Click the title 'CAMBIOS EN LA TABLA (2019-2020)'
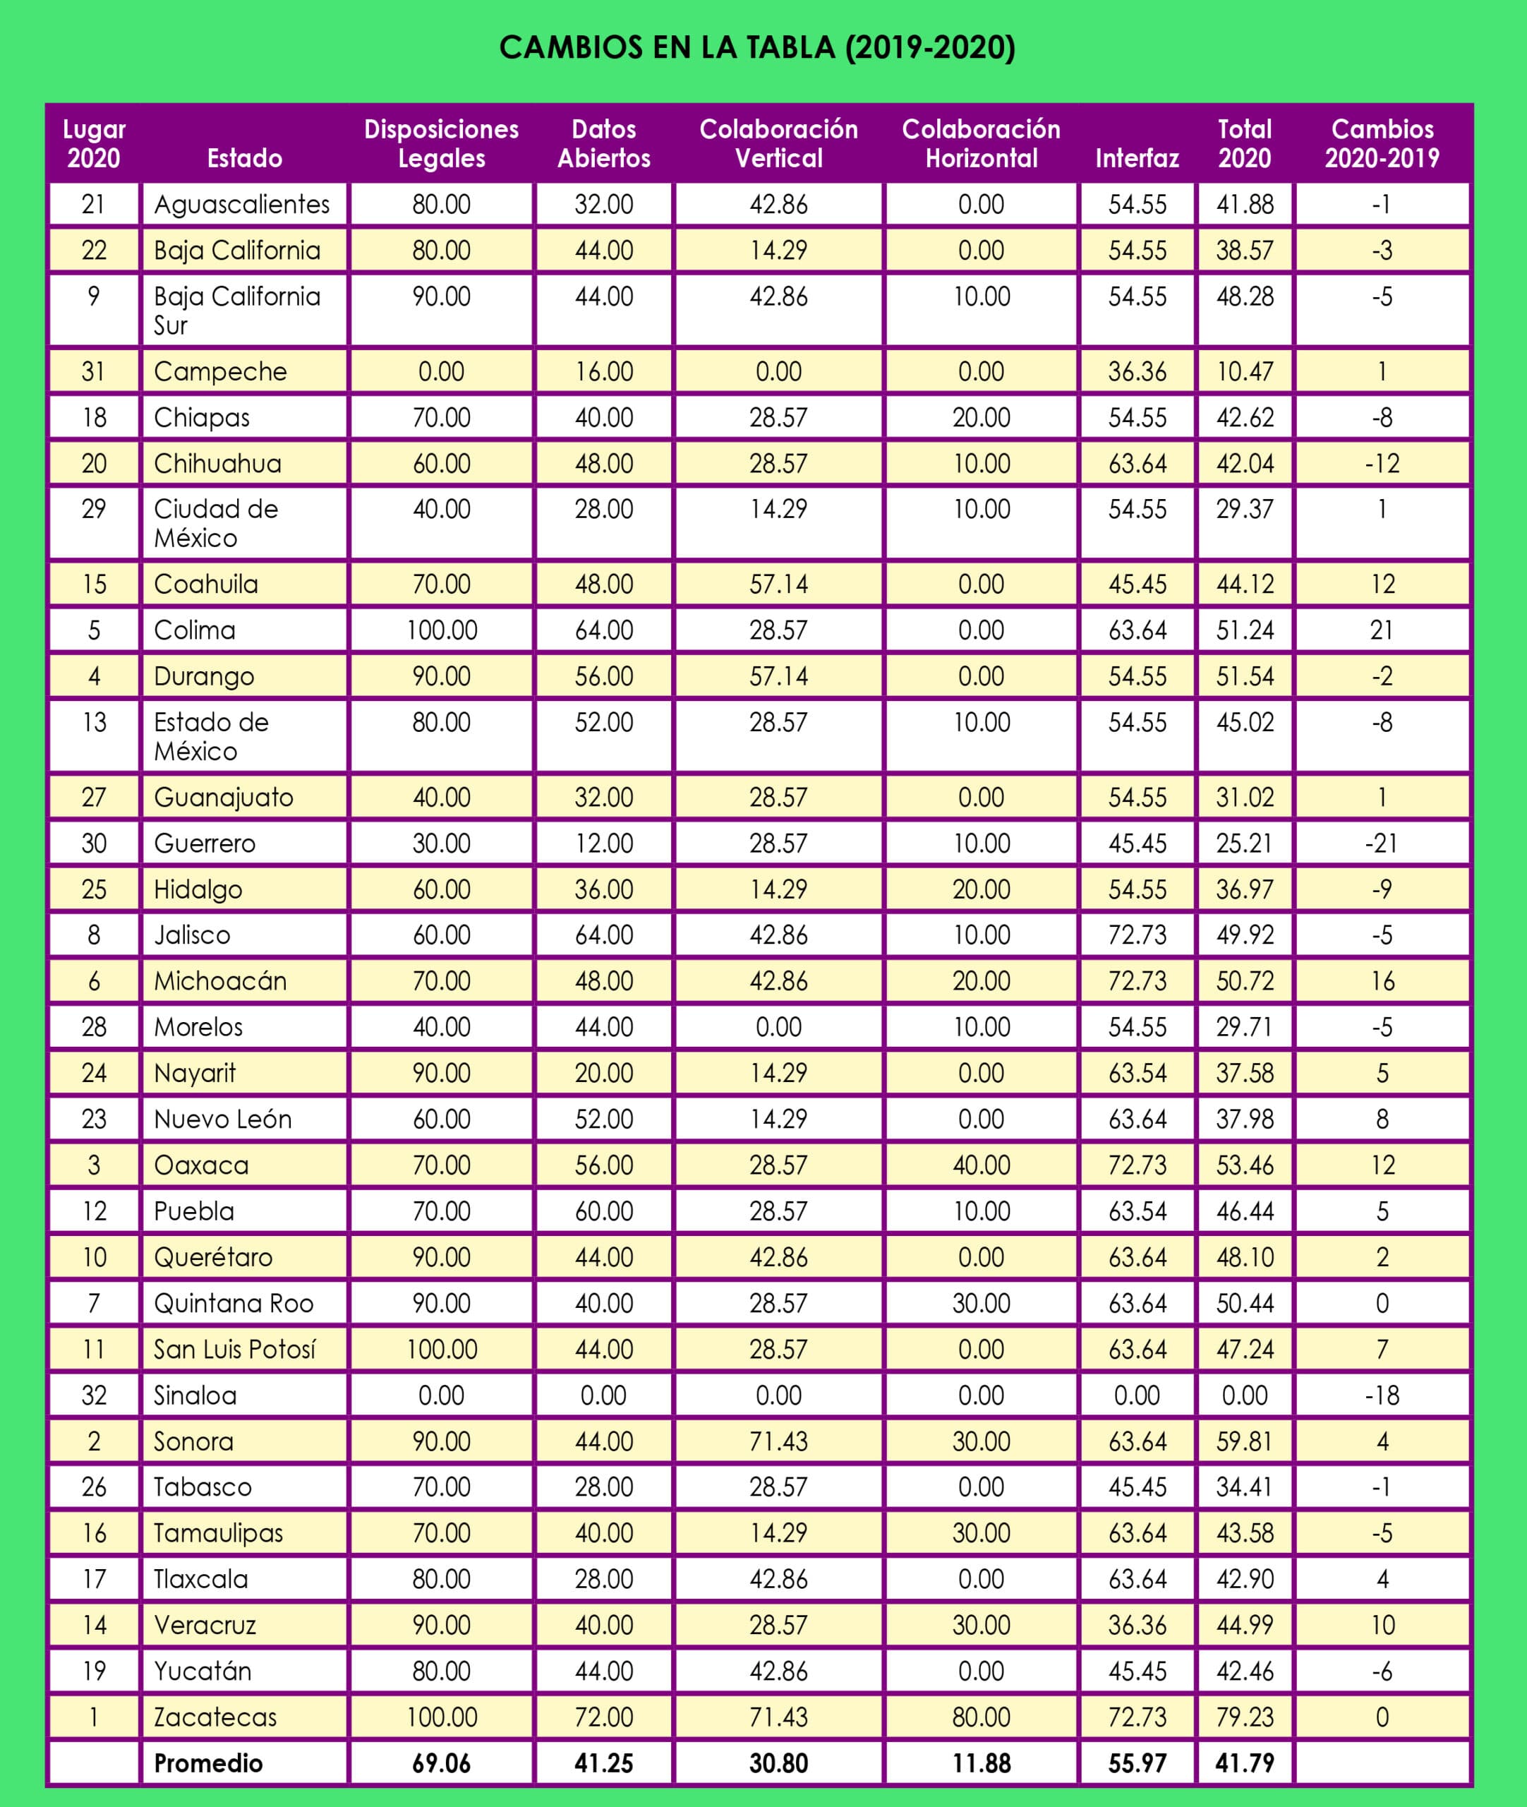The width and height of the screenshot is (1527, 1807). [x=756, y=47]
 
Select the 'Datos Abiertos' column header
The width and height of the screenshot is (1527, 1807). [x=603, y=144]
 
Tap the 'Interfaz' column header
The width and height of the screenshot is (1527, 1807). [x=1137, y=158]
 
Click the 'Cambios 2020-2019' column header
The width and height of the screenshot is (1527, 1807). [x=1382, y=144]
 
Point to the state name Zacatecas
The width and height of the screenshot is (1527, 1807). [x=215, y=1716]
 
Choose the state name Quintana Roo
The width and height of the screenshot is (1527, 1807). [x=233, y=1302]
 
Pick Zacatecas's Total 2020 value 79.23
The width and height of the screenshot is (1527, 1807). [x=1244, y=1716]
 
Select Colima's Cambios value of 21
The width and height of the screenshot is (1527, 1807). [x=1382, y=630]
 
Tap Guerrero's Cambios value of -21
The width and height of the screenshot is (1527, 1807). [x=1382, y=843]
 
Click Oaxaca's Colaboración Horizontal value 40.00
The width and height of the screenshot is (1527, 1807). [x=981, y=1165]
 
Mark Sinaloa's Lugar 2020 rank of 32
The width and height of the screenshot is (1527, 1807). [x=93, y=1395]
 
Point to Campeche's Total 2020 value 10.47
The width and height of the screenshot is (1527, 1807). [x=1244, y=371]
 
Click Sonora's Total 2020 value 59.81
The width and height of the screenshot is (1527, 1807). [x=1244, y=1441]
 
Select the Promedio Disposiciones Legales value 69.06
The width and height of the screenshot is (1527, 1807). [x=442, y=1762]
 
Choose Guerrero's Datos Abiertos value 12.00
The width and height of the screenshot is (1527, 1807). [x=603, y=843]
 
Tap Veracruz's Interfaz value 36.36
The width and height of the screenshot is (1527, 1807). [x=1137, y=1624]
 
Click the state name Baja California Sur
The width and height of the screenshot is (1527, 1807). [x=236, y=310]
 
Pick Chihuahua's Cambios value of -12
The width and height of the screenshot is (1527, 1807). [x=1382, y=463]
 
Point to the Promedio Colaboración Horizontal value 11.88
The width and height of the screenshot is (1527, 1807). [x=981, y=1762]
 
